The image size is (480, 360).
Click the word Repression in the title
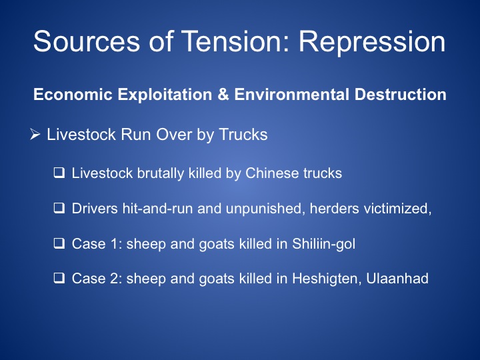(x=372, y=42)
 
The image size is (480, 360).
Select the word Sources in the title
(x=87, y=41)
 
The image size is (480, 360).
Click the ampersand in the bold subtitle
(x=223, y=94)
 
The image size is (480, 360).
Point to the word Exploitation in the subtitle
(x=165, y=95)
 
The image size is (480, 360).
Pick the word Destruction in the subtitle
(x=401, y=94)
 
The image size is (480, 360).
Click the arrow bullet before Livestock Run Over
(x=35, y=135)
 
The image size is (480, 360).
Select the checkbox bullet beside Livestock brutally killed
(x=59, y=173)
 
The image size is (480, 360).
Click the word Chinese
(x=272, y=173)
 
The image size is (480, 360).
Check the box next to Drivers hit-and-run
(x=59, y=208)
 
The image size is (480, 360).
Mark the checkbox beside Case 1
(x=59, y=243)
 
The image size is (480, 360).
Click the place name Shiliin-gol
(x=323, y=244)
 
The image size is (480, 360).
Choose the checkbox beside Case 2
(x=59, y=278)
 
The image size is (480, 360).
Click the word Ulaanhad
(x=397, y=279)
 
